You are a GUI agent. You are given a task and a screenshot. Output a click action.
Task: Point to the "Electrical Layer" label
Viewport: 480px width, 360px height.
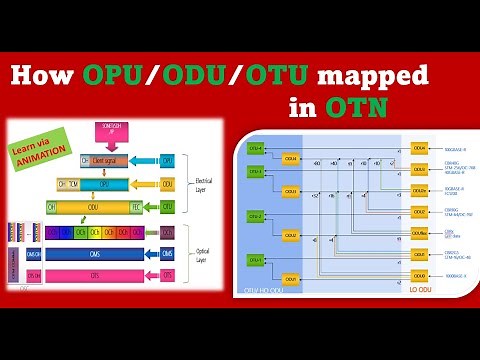[203, 183]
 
